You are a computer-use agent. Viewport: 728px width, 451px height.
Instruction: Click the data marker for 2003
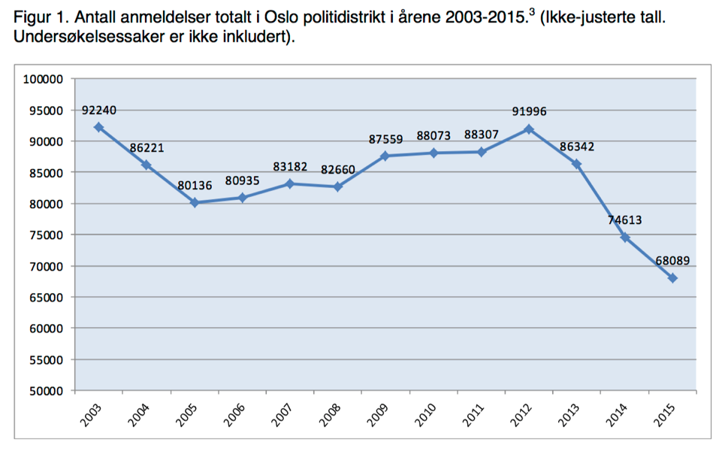click(98, 127)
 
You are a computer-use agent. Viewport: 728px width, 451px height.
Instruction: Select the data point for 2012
click(529, 129)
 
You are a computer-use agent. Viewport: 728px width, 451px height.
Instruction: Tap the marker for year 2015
click(672, 278)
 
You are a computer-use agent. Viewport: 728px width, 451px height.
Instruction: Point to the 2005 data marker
click(195, 202)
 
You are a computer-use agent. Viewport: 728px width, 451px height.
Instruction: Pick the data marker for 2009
click(385, 156)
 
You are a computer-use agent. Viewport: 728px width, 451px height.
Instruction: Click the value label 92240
click(99, 110)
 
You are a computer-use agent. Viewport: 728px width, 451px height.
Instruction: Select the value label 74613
click(625, 220)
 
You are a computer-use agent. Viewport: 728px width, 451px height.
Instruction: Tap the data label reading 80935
click(243, 181)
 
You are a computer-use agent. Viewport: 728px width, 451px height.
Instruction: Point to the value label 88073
click(434, 136)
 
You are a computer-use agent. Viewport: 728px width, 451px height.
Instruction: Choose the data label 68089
click(672, 262)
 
